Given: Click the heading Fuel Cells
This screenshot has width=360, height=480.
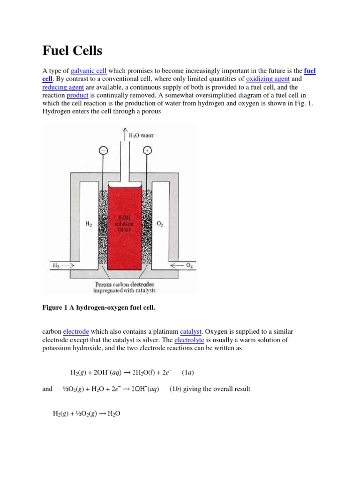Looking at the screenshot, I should pyautogui.click(x=72, y=51).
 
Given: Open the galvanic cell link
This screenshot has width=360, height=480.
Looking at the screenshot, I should pyautogui.click(x=89, y=71).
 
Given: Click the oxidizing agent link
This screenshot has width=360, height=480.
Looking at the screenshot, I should pyautogui.click(x=268, y=79).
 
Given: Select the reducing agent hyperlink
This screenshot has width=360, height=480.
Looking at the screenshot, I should pyautogui.click(x=63, y=87).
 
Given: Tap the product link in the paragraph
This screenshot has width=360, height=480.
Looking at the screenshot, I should pyautogui.click(x=77, y=95).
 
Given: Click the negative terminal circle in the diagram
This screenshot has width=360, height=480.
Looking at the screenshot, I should pyautogui.click(x=103, y=150).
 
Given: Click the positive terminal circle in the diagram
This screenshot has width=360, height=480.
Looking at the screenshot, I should pyautogui.click(x=147, y=150).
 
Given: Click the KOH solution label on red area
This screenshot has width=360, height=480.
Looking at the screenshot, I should pyautogui.click(x=125, y=224).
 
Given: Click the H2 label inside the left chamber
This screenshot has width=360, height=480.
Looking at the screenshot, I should pyautogui.click(x=89, y=224).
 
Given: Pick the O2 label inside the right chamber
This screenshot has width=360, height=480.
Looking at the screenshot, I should pyautogui.click(x=160, y=224).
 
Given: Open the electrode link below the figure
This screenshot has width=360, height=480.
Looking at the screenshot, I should pyautogui.click(x=75, y=332).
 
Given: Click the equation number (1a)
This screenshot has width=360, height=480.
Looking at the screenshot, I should pyautogui.click(x=187, y=373).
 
